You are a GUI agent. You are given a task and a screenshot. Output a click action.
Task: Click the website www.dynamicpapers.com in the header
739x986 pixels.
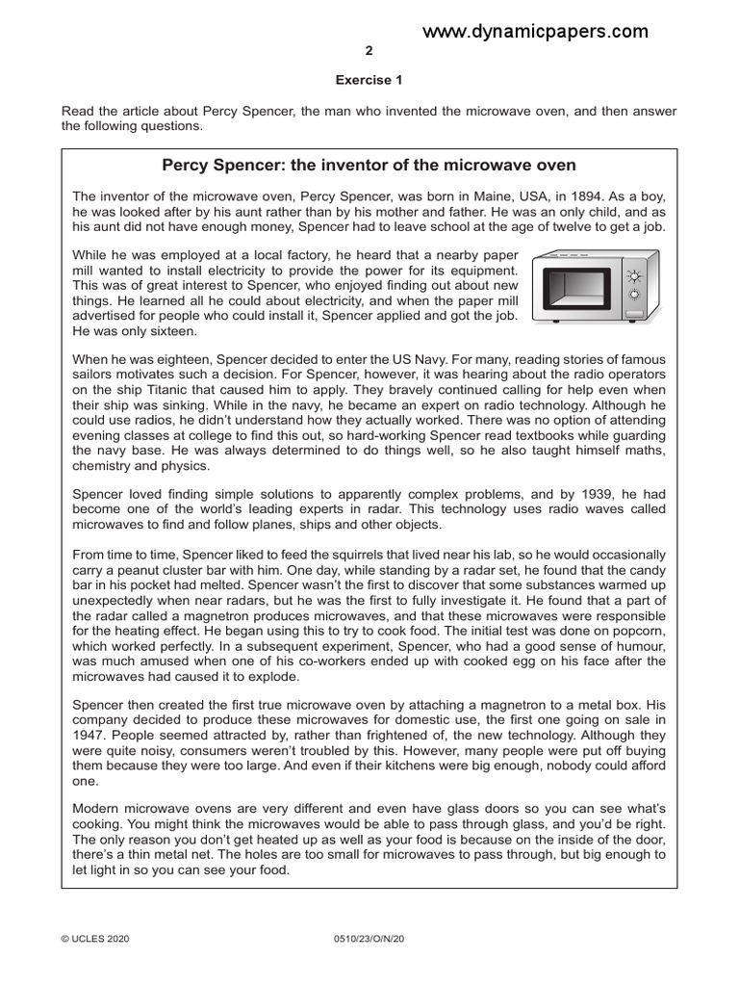[x=535, y=32]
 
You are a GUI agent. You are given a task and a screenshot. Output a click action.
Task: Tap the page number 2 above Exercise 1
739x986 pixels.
[x=369, y=51]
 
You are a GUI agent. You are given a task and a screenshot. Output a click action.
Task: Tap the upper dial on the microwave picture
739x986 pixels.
[x=634, y=272]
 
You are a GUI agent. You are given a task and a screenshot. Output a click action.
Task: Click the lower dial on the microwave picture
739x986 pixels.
[x=634, y=293]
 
